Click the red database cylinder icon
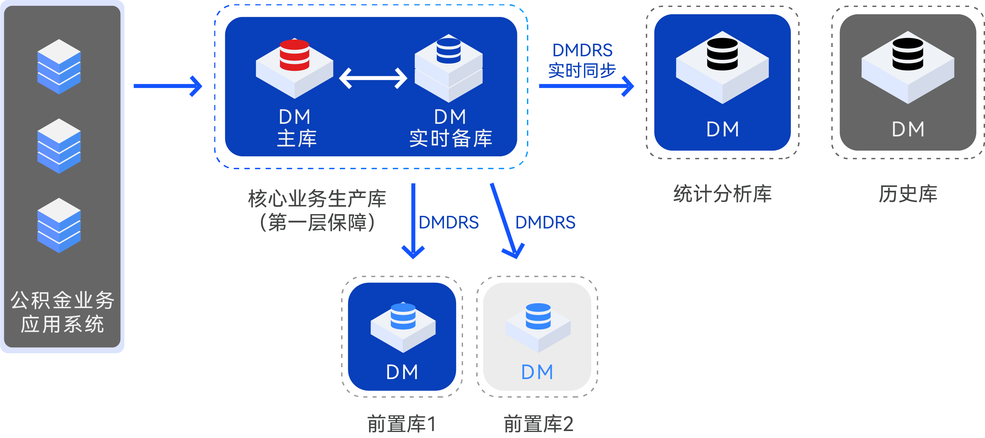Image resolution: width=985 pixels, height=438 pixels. pos(294,55)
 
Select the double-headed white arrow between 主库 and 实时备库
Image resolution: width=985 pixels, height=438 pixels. pos(373,78)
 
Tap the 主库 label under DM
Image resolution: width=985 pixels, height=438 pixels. pos(297,138)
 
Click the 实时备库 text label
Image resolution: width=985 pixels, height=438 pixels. pos(450,138)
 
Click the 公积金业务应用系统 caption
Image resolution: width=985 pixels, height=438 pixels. pos(62,312)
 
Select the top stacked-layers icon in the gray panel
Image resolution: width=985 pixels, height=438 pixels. pos(59,67)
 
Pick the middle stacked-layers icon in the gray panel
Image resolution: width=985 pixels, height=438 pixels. pos(59,146)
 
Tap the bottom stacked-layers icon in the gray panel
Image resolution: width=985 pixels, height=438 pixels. pos(59,225)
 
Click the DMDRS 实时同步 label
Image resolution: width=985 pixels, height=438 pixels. pos(582,60)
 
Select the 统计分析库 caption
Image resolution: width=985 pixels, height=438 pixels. pos(722,194)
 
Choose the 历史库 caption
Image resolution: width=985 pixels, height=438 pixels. pos(908,194)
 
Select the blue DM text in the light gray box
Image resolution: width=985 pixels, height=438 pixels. pos(537,372)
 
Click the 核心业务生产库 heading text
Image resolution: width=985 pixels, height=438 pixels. pos(317,199)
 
